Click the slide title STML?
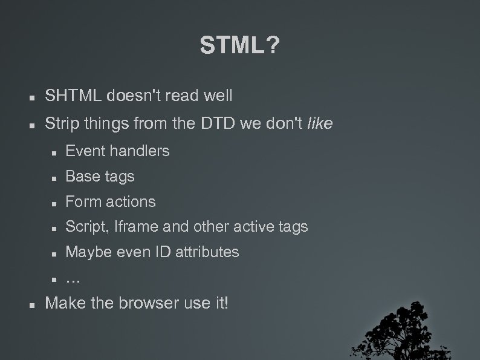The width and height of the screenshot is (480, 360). click(x=239, y=44)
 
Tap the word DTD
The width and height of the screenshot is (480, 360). click(x=216, y=125)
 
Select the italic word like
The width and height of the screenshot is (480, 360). click(x=320, y=125)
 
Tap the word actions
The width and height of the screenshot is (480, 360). click(x=131, y=201)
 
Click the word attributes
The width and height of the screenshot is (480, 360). click(x=207, y=252)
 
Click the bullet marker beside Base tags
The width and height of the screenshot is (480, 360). click(x=54, y=177)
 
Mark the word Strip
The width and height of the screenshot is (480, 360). click(x=62, y=125)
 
